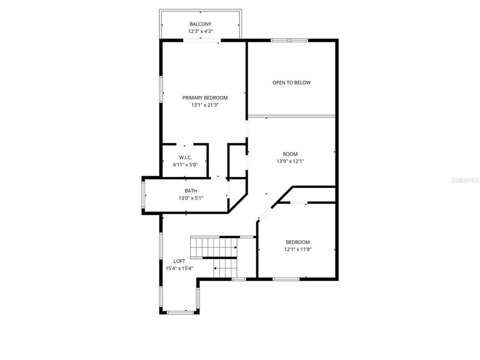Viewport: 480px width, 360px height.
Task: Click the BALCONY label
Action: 200,24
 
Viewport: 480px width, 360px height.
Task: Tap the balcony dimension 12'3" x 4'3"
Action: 200,31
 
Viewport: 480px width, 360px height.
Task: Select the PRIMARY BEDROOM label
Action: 205,98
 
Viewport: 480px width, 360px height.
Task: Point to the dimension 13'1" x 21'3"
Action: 205,105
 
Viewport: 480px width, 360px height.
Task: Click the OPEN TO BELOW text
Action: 291,83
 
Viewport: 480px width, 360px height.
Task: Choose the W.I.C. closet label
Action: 185,157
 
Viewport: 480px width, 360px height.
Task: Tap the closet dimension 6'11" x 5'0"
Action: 185,165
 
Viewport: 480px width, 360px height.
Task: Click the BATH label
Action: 190,190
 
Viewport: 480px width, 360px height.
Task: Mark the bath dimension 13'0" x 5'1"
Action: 190,198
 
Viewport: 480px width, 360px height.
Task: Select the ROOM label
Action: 290,154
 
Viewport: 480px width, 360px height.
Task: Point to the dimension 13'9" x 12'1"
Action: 290,162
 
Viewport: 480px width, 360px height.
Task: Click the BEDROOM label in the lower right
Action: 297,242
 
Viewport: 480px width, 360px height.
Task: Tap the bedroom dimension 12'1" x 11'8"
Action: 297,249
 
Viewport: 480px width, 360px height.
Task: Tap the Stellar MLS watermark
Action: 465,181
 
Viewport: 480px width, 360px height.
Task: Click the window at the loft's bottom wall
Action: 179,312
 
